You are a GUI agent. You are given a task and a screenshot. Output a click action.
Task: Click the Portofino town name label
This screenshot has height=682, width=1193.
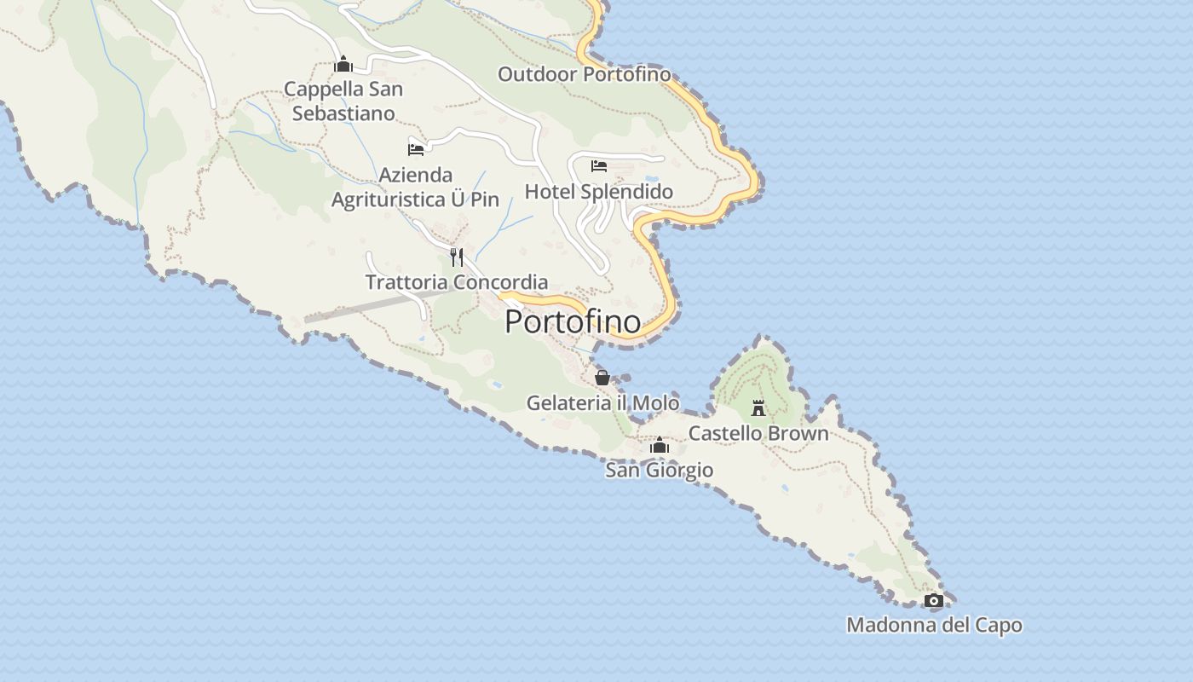(x=573, y=321)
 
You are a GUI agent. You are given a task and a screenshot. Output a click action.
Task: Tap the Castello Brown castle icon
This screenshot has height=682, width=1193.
(x=758, y=408)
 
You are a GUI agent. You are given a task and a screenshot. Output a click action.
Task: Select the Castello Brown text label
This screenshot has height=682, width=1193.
(x=758, y=433)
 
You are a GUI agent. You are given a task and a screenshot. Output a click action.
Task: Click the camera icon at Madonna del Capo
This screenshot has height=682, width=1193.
(x=933, y=600)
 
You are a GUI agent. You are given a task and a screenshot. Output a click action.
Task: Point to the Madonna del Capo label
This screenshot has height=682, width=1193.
(x=934, y=625)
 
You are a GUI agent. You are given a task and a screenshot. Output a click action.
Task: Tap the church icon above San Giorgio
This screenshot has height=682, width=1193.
(x=659, y=445)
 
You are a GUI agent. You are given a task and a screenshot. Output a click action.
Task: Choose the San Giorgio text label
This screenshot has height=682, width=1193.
(x=659, y=470)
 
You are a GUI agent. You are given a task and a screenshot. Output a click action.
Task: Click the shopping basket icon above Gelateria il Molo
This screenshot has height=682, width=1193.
(x=602, y=377)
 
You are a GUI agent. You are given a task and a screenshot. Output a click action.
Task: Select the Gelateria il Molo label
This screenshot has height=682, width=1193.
(x=602, y=402)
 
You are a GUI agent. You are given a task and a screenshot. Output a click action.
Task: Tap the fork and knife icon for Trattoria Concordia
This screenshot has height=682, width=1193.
(x=457, y=257)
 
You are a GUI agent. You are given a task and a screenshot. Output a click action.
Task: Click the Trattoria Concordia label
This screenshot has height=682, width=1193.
(x=457, y=282)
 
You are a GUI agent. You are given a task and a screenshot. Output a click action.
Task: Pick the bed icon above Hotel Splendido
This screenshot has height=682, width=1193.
(x=599, y=165)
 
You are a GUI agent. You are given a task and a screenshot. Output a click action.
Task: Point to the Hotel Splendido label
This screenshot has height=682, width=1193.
(x=598, y=192)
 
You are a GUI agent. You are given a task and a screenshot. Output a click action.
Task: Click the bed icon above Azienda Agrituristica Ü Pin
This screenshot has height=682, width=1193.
(x=416, y=149)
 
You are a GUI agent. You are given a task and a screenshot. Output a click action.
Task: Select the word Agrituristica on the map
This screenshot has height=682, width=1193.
(x=387, y=200)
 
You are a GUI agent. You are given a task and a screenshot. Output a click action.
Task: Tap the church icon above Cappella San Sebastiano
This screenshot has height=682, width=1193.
(x=343, y=64)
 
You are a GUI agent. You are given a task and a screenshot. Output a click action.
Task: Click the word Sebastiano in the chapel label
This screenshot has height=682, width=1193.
(x=343, y=113)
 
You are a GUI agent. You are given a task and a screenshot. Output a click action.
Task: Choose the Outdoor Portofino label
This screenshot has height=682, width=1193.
(x=584, y=74)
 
